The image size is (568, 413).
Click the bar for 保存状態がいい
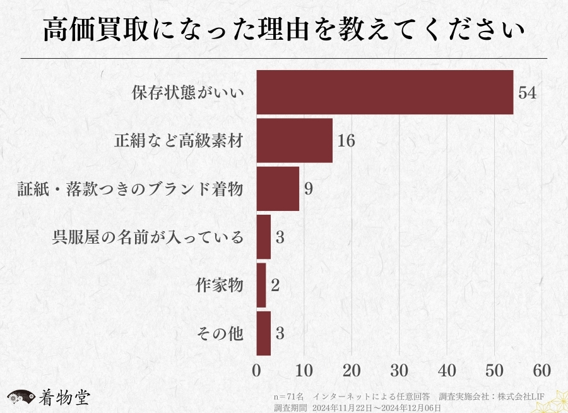coord(384,92)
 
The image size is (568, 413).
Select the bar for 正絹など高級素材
coord(294,140)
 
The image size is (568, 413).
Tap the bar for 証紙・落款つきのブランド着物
coord(278,189)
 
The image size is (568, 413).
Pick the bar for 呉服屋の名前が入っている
coord(263,237)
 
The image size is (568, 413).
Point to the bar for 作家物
coord(261,285)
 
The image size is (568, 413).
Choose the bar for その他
coord(263,333)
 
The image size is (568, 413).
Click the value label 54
coord(527,93)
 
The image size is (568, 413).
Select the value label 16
coord(346,141)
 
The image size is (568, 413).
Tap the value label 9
coord(309,189)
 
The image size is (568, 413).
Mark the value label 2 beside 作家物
coord(275,285)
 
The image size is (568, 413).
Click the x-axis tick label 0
coord(256,370)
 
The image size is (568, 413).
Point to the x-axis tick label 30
coord(399,370)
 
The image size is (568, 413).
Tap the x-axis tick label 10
coord(304,370)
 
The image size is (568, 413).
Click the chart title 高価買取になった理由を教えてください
coord(284,30)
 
